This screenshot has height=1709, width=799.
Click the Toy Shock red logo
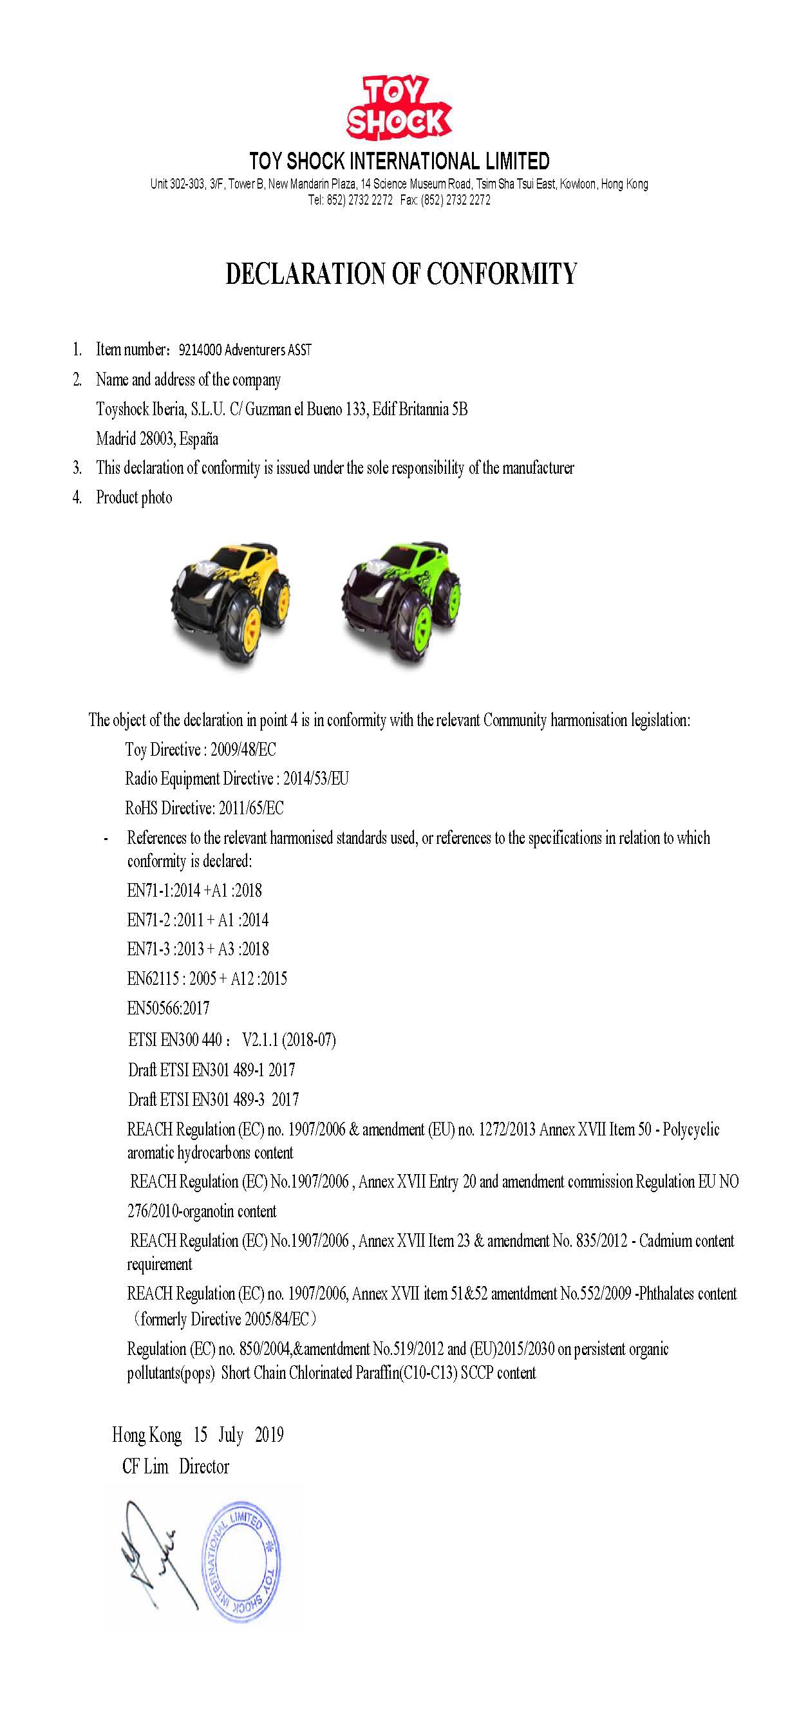click(x=399, y=108)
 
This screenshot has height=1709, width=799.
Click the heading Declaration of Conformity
click(x=401, y=274)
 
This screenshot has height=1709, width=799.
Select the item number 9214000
click(x=200, y=350)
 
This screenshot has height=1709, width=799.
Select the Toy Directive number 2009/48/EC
click(x=243, y=750)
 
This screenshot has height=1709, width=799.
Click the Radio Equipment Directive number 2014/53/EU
click(x=316, y=779)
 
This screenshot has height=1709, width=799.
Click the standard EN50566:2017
click(x=169, y=1009)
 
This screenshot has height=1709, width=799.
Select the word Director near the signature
click(x=203, y=1466)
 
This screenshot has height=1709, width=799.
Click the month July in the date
click(x=231, y=1435)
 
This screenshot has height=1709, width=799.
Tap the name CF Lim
click(x=146, y=1466)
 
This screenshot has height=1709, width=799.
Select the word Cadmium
click(x=664, y=1240)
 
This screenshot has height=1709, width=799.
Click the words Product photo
click(x=134, y=498)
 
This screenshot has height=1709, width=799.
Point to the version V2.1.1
click(x=261, y=1039)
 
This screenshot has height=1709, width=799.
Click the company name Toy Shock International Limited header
click(x=399, y=161)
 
